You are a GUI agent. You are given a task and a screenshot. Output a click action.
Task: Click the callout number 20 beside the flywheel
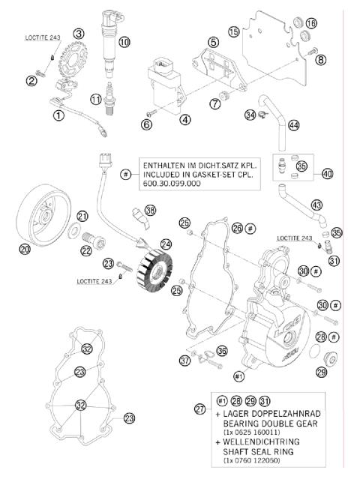pyautogui.click(x=25, y=248)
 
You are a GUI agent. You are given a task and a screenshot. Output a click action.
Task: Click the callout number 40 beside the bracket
pyautogui.click(x=328, y=173)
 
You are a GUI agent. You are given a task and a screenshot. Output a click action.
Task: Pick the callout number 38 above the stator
pyautogui.click(x=151, y=210)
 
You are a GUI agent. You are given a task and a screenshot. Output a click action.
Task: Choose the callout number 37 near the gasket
pyautogui.click(x=184, y=361)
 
